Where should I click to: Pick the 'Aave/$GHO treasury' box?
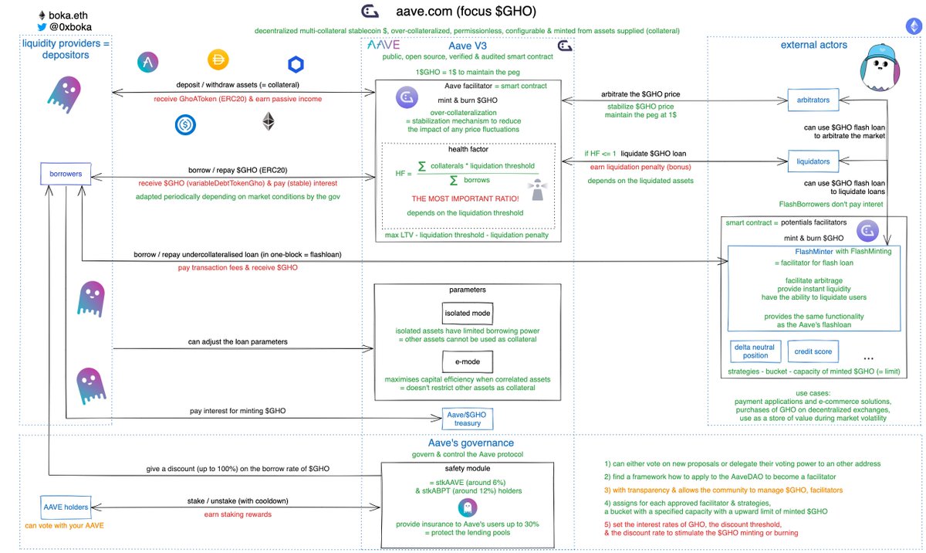(x=467, y=419)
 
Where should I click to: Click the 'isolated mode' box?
(x=468, y=313)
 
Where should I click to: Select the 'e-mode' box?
(x=468, y=361)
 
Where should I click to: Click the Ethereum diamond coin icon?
(x=269, y=121)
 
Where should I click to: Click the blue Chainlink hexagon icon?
(x=296, y=64)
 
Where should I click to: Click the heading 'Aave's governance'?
(x=470, y=443)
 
